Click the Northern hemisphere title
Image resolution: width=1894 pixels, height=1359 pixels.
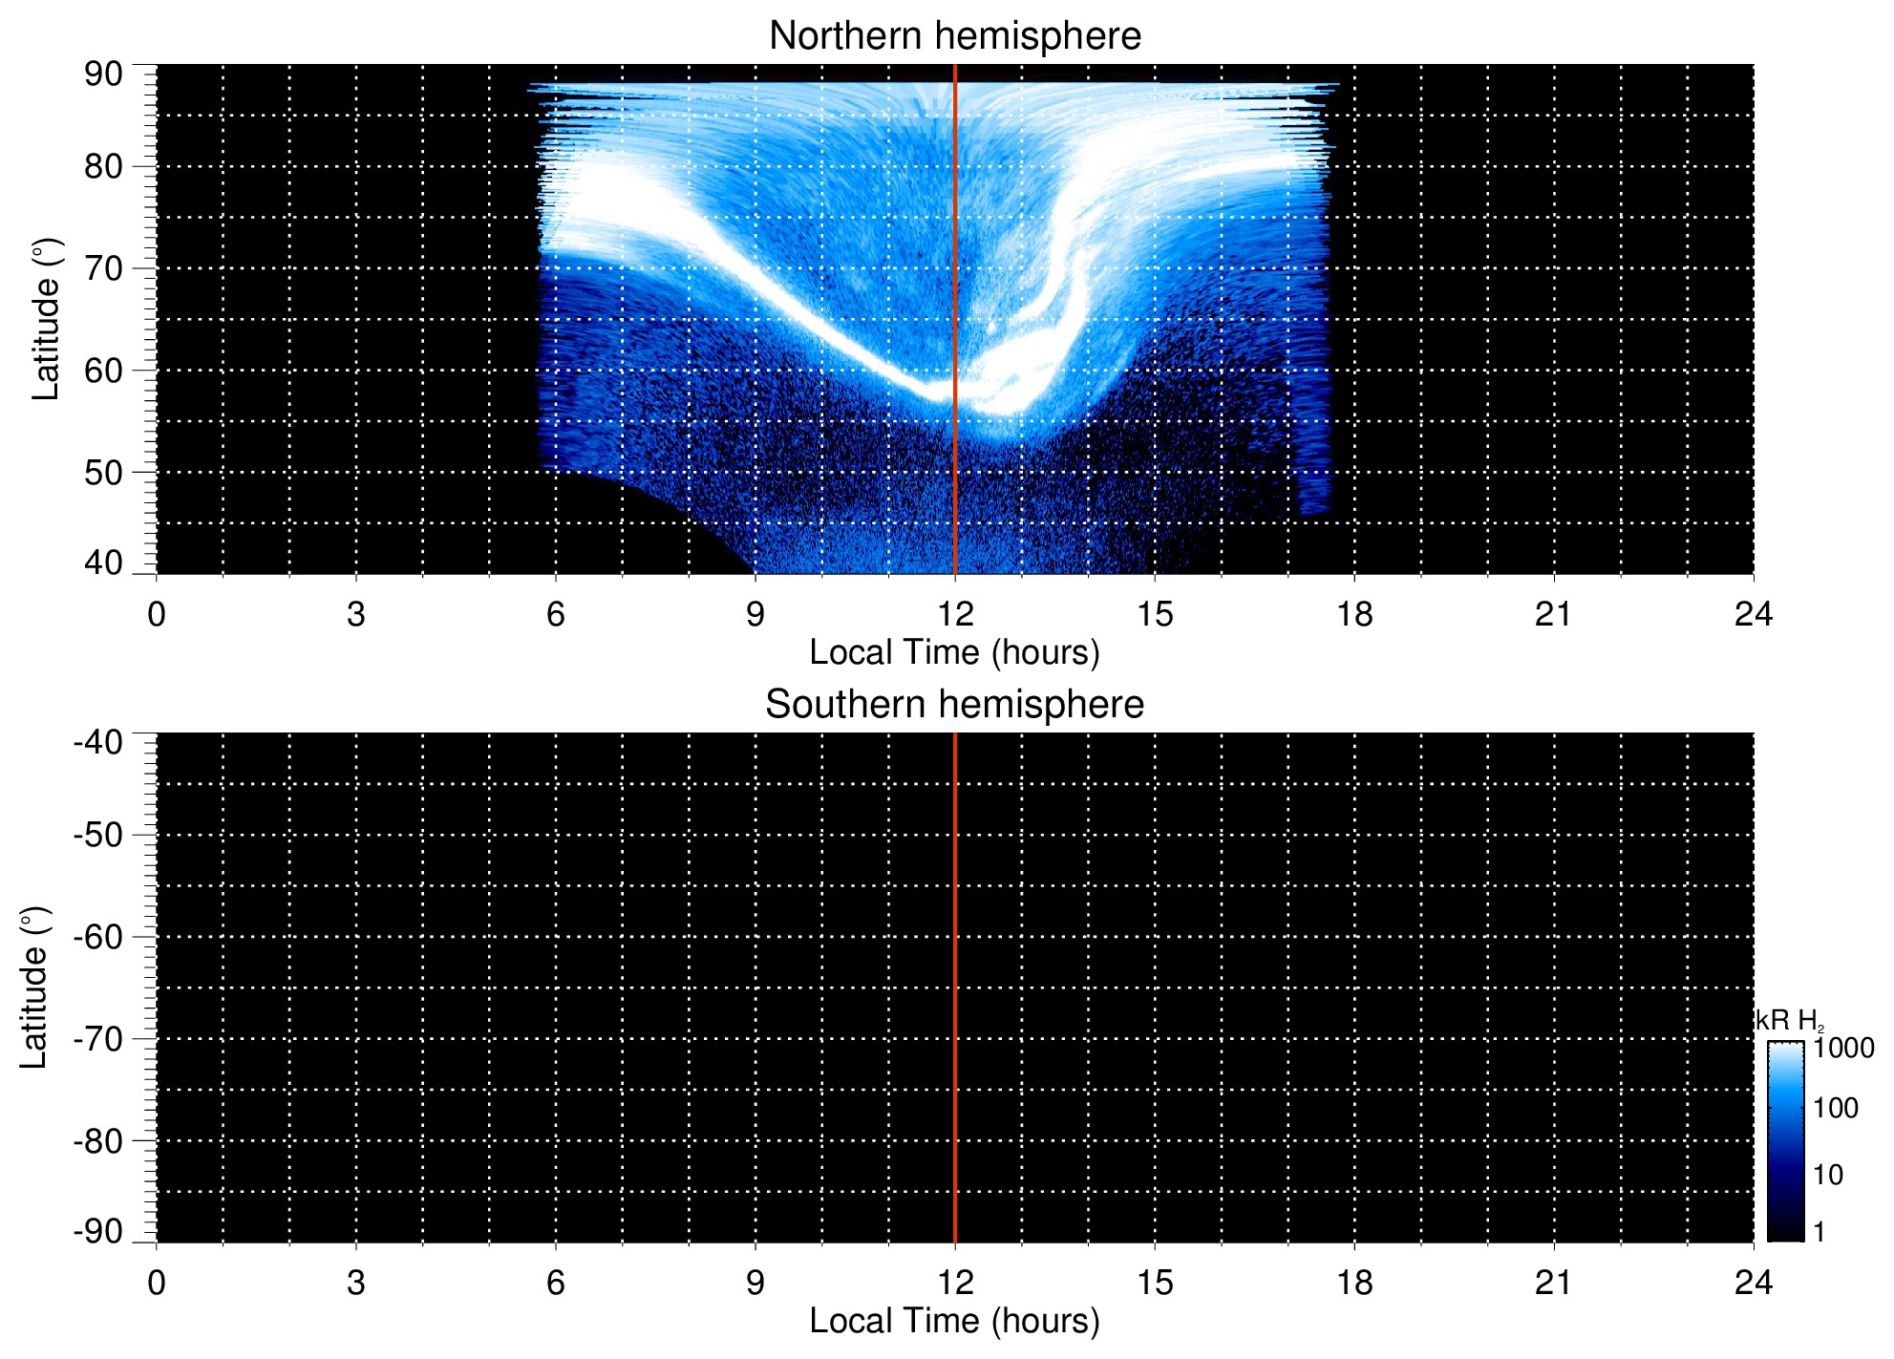954,36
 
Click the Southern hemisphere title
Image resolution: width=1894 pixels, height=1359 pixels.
954,705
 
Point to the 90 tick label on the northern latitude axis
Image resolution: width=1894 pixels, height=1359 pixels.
103,74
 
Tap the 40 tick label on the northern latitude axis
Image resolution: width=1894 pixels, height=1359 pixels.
103,563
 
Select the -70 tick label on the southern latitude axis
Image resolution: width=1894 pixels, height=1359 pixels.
98,1039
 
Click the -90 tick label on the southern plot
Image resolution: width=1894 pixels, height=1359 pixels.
98,1231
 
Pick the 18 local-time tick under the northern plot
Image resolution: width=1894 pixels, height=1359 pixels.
1354,614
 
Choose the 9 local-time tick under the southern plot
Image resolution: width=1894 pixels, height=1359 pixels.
755,1283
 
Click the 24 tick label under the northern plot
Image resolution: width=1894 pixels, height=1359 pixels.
1753,614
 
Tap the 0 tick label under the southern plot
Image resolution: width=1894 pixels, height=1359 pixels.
157,1283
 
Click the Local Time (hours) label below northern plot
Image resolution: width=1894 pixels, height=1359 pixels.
954,652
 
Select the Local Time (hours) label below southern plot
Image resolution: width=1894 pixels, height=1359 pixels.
954,1321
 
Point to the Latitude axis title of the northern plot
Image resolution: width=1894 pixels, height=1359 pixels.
46,319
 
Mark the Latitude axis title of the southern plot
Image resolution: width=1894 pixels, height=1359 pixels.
34,987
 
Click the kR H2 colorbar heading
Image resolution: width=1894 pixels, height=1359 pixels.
1788,1021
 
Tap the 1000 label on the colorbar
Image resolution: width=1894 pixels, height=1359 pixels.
1843,1049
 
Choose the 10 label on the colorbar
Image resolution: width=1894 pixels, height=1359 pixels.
1828,1175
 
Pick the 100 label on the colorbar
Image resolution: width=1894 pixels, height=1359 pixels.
1836,1109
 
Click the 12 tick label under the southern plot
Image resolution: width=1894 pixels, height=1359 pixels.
954,1283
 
